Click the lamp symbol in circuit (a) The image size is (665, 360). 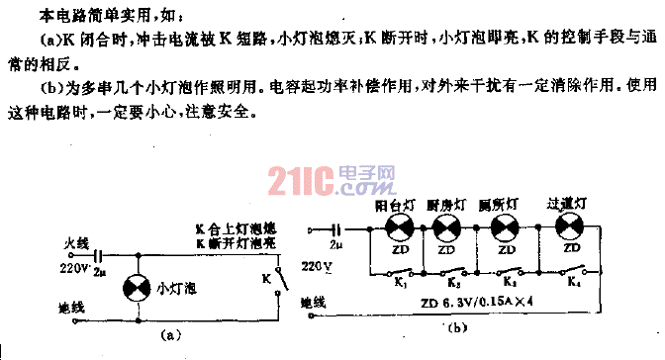pos(136,288)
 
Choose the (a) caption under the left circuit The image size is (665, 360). pos(174,336)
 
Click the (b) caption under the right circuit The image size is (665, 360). pos(456,327)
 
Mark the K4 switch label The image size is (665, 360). pos(577,285)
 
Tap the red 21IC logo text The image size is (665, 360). pos(297,180)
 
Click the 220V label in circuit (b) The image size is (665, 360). pos(311,266)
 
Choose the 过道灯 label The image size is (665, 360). pos(567,204)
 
